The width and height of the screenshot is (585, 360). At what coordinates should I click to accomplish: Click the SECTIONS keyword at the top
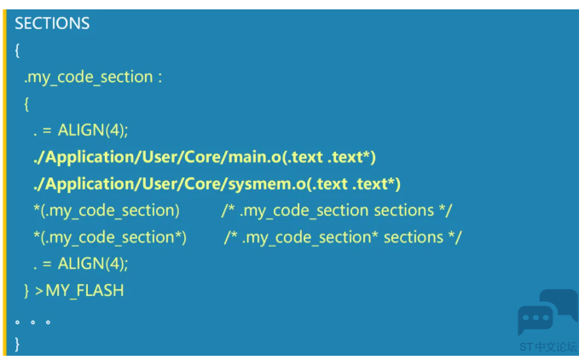pyautogui.click(x=52, y=23)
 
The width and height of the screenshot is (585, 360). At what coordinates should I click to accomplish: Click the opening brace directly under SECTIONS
pyautogui.click(x=17, y=50)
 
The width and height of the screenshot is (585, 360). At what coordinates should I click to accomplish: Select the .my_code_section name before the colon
pyautogui.click(x=89, y=78)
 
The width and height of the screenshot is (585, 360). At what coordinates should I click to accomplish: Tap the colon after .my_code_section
pyautogui.click(x=160, y=78)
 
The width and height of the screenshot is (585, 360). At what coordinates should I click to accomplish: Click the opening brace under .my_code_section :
pyautogui.click(x=26, y=104)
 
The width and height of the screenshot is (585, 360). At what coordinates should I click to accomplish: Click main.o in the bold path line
pyautogui.click(x=254, y=157)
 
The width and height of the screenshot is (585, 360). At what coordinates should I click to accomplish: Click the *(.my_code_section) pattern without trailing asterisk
pyautogui.click(x=107, y=211)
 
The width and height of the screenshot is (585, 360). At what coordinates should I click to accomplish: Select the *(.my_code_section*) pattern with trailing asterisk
pyautogui.click(x=110, y=238)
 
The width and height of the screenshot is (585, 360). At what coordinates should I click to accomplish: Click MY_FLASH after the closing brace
pyautogui.click(x=84, y=291)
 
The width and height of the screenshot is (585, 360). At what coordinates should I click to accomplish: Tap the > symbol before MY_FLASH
pyautogui.click(x=39, y=291)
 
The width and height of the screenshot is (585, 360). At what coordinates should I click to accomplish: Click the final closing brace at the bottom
pyautogui.click(x=17, y=344)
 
